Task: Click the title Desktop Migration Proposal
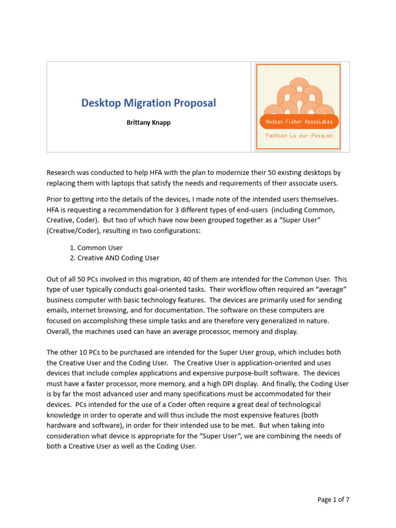[x=148, y=103]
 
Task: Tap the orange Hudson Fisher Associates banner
[x=299, y=122]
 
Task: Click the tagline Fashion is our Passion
[x=299, y=136]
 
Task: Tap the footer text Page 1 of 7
[x=333, y=499]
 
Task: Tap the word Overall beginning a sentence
[x=59, y=331]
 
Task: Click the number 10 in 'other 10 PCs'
[x=82, y=352]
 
